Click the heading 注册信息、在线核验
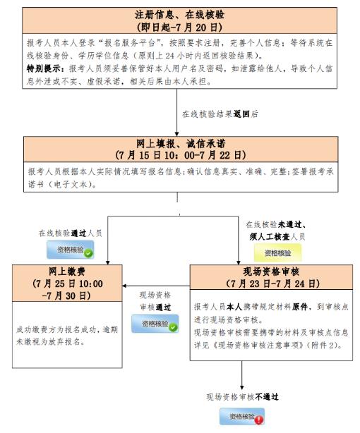[179, 15]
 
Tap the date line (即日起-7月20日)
[179, 27]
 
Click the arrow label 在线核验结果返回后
[220, 114]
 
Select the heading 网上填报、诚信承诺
[181, 143]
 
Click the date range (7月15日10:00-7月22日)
[181, 155]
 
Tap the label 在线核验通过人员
[71, 233]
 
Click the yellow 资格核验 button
[277, 252]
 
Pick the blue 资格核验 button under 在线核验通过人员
[70, 250]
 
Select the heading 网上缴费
[67, 272]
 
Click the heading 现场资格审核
[271, 272]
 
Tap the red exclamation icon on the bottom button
[259, 420]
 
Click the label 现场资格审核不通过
[243, 397]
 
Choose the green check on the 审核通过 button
[174, 327]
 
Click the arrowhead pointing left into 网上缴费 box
[124, 286]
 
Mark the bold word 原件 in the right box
[300, 307]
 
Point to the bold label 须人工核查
[270, 237]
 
